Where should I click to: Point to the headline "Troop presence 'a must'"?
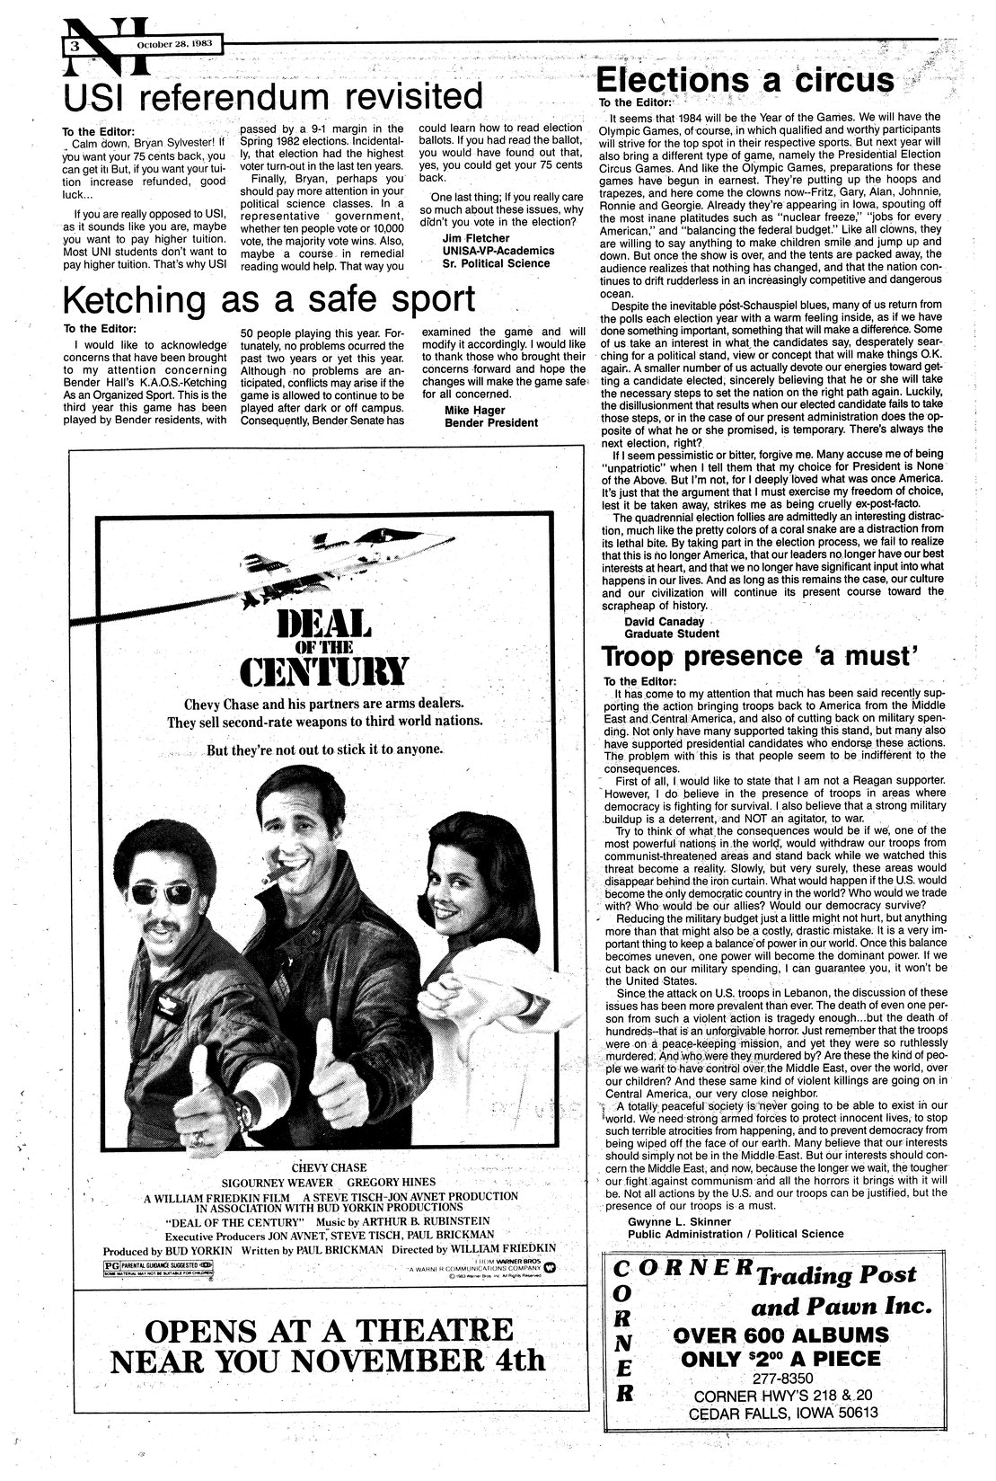pos(758,656)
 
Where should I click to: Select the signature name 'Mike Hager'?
pos(473,410)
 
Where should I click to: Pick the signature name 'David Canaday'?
pos(665,621)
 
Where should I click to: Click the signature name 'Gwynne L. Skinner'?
pos(680,1222)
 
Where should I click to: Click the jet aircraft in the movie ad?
pos(359,557)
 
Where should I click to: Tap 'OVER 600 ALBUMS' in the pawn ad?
pos(779,1334)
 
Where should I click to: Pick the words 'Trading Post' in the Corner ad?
pos(836,1275)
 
